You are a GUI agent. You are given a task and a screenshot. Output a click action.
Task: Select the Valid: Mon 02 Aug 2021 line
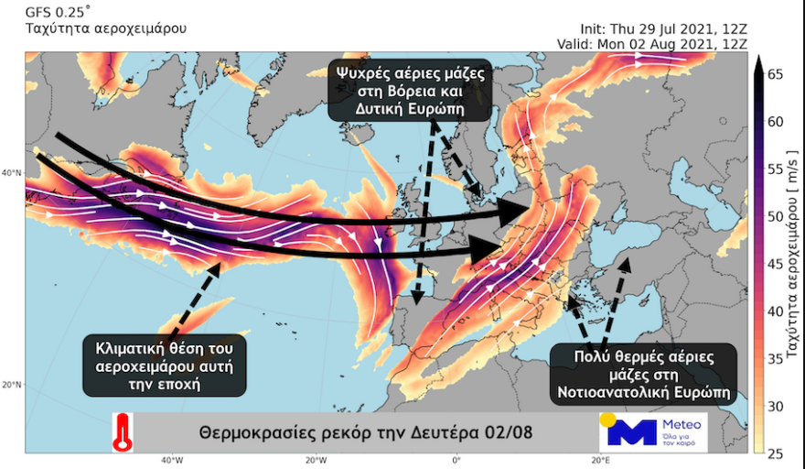(x=655, y=44)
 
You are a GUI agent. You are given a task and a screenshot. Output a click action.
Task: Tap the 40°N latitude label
(x=12, y=172)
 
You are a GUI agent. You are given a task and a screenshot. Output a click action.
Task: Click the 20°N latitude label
(x=12, y=385)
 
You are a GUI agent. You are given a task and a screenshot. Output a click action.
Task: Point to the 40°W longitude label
(x=171, y=460)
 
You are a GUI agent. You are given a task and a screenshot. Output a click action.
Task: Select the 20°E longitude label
(x=600, y=460)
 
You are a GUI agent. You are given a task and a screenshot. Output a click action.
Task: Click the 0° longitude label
(x=456, y=460)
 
